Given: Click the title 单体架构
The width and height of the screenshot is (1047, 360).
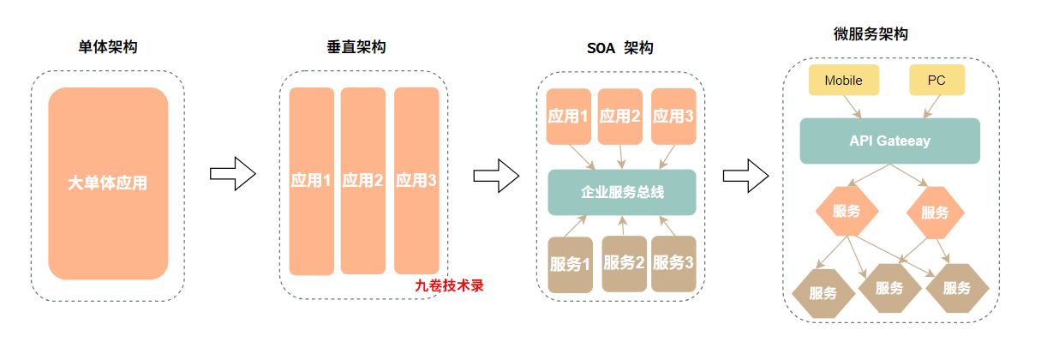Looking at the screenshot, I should click(x=107, y=47).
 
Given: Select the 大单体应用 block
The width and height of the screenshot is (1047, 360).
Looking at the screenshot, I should click(x=108, y=183).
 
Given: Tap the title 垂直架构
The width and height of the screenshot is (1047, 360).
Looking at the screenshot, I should click(x=356, y=47).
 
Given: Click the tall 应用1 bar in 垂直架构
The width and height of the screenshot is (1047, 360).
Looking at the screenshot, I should click(x=311, y=181).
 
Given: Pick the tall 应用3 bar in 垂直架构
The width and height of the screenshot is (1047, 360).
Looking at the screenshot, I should click(x=416, y=180).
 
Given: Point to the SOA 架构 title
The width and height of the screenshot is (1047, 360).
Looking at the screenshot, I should click(x=613, y=48).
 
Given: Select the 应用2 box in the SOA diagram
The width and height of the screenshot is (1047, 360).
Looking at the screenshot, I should click(x=620, y=116).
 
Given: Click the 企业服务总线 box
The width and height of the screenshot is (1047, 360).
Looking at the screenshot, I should click(x=622, y=192).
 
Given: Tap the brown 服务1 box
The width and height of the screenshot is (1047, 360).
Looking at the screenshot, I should click(x=570, y=264).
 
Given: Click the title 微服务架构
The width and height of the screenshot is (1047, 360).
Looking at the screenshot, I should click(x=871, y=34).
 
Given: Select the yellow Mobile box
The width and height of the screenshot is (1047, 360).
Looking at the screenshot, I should click(x=844, y=81).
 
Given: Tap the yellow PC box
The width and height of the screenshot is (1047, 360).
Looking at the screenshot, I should click(x=936, y=81).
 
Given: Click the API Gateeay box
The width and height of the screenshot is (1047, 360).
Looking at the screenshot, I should click(x=889, y=141).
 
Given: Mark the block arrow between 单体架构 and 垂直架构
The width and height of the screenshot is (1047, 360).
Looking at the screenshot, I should click(x=233, y=174).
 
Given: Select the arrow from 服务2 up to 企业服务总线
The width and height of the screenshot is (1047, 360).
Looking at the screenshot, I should click(x=623, y=225).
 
